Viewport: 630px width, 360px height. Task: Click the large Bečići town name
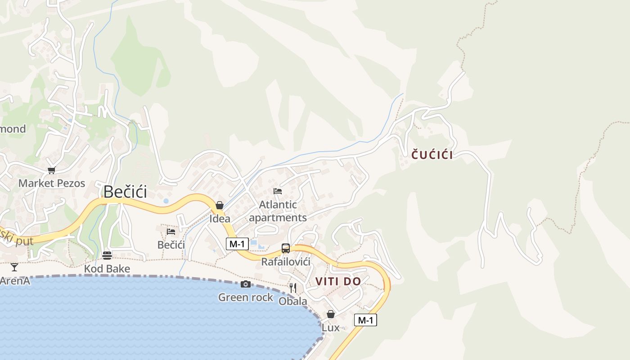[125, 192]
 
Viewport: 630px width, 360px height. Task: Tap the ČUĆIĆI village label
[432, 155]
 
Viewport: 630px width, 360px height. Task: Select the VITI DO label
[338, 282]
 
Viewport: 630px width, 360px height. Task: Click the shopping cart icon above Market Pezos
[51, 170]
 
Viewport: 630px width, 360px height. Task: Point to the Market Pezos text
[52, 183]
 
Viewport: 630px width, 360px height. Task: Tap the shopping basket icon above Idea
[220, 205]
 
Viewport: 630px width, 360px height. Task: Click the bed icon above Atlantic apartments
[278, 191]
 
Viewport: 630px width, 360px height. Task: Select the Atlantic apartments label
[278, 211]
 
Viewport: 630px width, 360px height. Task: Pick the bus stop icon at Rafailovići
[285, 248]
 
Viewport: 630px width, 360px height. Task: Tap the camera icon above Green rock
[245, 284]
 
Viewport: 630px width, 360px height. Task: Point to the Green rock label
[246, 297]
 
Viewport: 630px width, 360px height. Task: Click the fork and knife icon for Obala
[293, 288]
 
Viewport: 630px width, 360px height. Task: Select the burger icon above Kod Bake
[107, 256]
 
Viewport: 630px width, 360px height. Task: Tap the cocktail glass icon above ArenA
[14, 267]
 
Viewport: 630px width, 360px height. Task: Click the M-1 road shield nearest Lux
[365, 320]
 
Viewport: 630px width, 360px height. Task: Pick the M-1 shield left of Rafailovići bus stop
[237, 244]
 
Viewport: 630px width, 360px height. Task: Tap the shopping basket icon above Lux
[331, 314]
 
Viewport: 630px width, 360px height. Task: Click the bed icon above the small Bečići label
[171, 231]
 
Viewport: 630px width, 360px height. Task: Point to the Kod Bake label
[107, 269]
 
